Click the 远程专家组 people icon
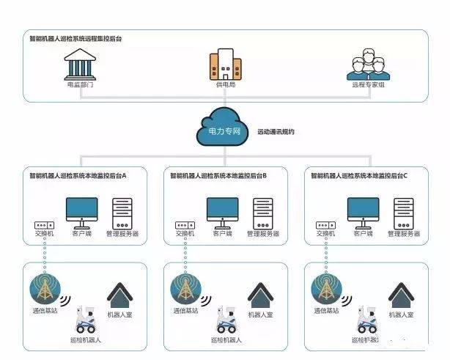point(367,67)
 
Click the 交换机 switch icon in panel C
point(325,224)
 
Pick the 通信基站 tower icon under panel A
point(44,289)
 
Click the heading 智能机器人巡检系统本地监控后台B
point(218,176)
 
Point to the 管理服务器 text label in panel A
point(122,234)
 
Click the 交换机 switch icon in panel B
point(184,224)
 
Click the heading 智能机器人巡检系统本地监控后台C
point(359,176)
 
